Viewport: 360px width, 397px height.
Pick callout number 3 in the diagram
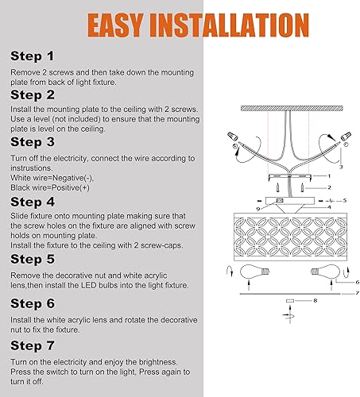(x=340, y=168)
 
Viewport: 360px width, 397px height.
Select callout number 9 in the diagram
(x=259, y=208)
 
